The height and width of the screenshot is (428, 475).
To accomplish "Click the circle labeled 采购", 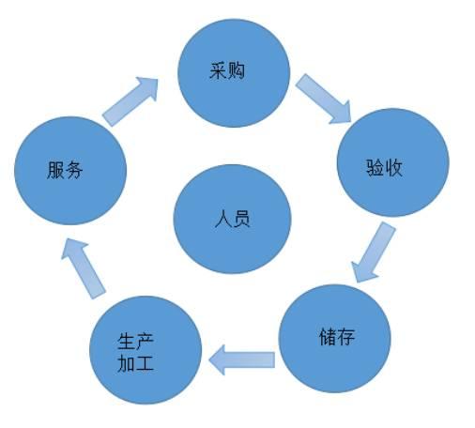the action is (234, 73).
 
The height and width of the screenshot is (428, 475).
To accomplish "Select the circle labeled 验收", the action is (393, 162).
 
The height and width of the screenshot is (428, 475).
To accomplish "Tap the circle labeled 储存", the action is (335, 339).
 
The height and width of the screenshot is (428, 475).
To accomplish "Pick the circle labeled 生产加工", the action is (146, 350).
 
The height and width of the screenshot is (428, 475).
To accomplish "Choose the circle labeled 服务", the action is (70, 171).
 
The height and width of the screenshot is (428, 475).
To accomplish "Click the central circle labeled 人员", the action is (233, 219).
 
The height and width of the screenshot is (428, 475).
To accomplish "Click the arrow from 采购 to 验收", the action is (324, 99).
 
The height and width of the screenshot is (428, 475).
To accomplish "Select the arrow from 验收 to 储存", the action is (373, 252).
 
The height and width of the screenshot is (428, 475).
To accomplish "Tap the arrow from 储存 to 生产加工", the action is (241, 359).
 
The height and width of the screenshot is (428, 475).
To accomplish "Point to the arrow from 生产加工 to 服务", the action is (84, 268).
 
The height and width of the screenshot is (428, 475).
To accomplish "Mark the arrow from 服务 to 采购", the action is (130, 101).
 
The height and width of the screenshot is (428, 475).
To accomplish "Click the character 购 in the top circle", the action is (236, 70).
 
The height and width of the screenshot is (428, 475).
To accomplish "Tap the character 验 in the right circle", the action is (375, 168).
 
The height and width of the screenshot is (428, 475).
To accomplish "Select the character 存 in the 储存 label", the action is (345, 337).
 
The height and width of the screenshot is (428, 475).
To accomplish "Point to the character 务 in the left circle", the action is (74, 170).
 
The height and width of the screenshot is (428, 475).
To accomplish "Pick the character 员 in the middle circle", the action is (241, 219).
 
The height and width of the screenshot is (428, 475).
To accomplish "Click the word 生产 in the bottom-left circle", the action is (135, 342).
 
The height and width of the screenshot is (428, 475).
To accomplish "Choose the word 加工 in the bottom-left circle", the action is (135, 363).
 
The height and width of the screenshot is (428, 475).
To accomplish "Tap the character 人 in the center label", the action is (223, 219).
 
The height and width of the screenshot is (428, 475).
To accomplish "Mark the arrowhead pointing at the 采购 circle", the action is (147, 87).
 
